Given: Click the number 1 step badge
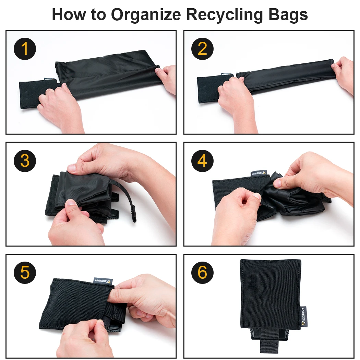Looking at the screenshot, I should click(25, 49).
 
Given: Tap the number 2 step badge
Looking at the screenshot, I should click(203, 49).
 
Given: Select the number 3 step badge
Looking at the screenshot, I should click(25, 161).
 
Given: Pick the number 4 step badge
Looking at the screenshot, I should click(203, 161).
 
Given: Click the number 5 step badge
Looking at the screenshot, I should click(25, 273).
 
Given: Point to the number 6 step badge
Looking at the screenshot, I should click(203, 273).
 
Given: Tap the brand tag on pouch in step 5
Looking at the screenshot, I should click(104, 280).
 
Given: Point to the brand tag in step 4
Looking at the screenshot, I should click(259, 173).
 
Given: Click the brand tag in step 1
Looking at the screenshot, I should click(50, 79).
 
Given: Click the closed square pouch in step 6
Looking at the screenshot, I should click(270, 295).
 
